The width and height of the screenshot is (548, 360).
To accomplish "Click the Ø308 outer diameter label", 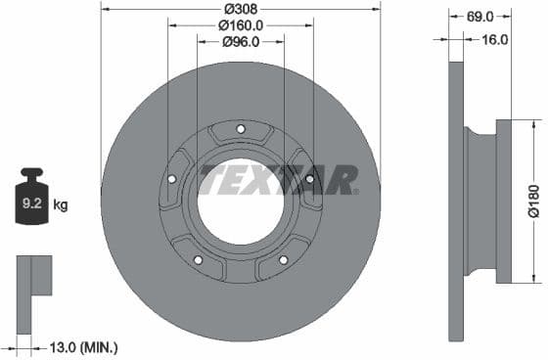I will click(240, 8).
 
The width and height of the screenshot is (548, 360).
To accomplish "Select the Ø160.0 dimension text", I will click(240, 24).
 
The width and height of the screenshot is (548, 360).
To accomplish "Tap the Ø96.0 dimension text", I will click(240, 41).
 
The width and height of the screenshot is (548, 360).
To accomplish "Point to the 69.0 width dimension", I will click(479, 17).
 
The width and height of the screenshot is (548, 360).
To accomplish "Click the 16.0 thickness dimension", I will click(495, 40).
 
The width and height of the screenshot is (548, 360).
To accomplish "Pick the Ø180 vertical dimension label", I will click(533, 201).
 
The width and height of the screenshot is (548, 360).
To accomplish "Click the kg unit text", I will click(61, 204).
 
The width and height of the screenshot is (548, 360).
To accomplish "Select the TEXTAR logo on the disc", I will click(278, 179).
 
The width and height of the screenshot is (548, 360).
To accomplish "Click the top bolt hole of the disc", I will click(241, 129).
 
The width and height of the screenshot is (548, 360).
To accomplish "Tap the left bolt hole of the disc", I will click(172, 179).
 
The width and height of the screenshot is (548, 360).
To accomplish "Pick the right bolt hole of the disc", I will click(309, 179).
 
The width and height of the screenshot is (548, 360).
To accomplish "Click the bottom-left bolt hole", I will click(198, 259).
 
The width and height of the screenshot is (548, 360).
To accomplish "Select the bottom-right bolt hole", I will click(284, 259).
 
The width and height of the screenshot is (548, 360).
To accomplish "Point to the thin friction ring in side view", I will click(456, 201).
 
